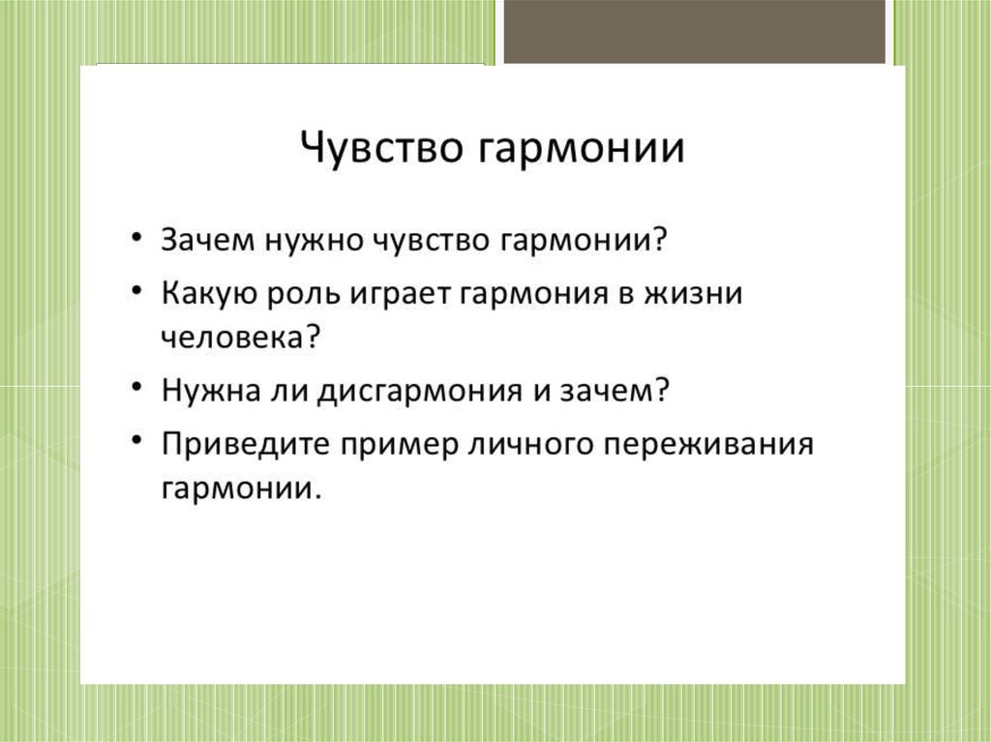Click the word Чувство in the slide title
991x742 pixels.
[x=381, y=149]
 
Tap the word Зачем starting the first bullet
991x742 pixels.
[x=208, y=240]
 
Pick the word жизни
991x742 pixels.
[x=693, y=294]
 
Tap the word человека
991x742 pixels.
[x=233, y=338]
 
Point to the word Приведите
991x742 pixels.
[x=245, y=444]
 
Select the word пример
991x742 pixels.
[x=400, y=447]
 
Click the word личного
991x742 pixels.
[x=530, y=445]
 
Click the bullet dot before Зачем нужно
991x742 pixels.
[x=135, y=239]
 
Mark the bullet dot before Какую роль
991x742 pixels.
[x=135, y=291]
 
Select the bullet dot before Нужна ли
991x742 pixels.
[x=135, y=387]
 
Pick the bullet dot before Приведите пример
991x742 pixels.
[x=135, y=440]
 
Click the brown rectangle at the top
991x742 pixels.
[x=695, y=32]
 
